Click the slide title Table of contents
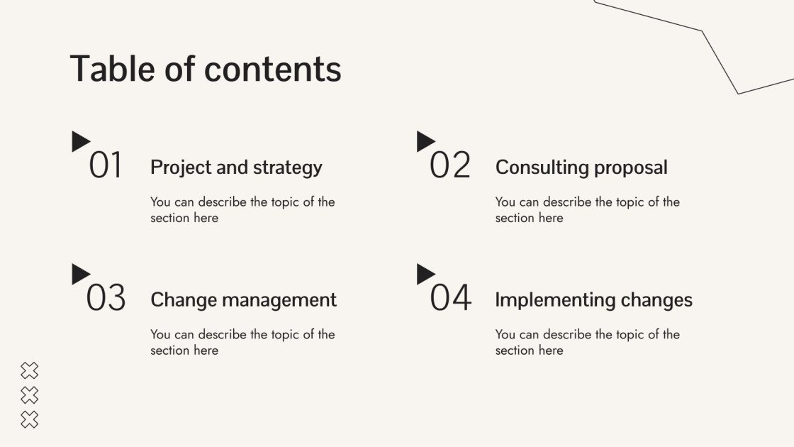click(206, 70)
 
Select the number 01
click(106, 166)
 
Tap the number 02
click(450, 166)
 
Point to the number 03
click(106, 298)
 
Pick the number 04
click(450, 298)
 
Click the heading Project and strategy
click(236, 167)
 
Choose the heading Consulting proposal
click(581, 167)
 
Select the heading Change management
click(243, 299)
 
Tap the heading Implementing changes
click(593, 299)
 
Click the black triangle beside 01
click(80, 141)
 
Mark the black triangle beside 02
click(425, 140)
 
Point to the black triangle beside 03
click(80, 274)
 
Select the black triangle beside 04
click(425, 274)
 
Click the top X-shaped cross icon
click(29, 370)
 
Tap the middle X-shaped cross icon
click(29, 394)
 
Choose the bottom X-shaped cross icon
click(29, 419)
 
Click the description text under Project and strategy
click(242, 210)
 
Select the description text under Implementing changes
click(587, 342)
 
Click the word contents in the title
click(273, 70)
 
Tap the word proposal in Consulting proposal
click(631, 168)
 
